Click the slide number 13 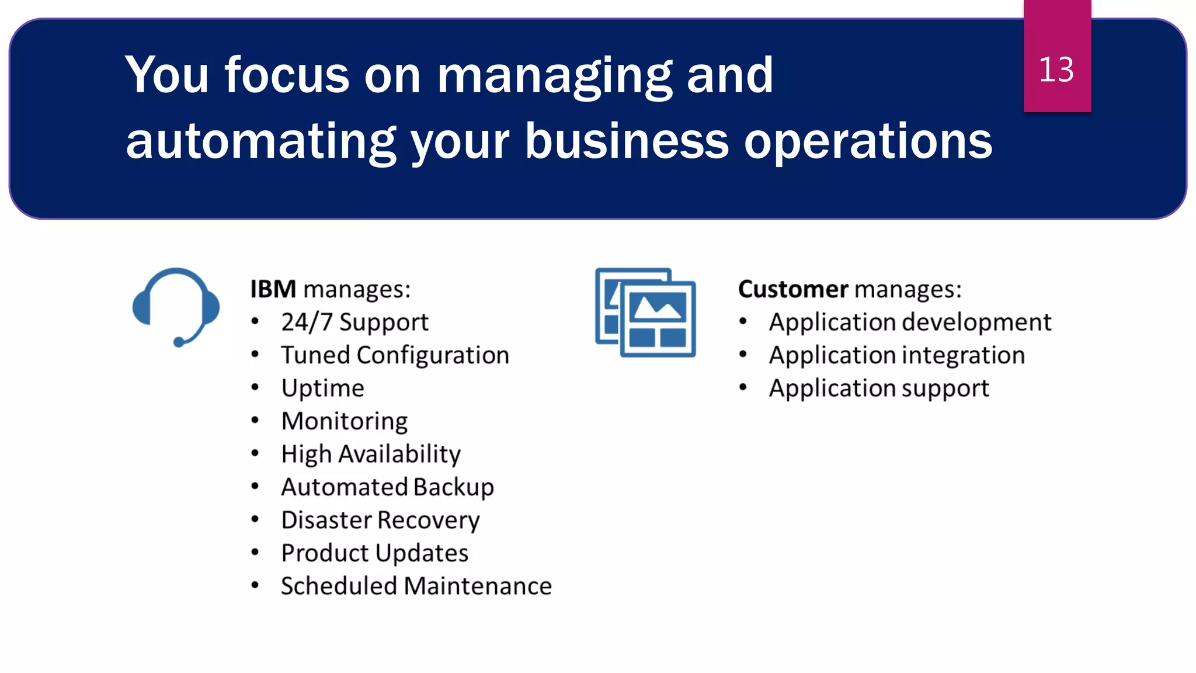pos(1056,70)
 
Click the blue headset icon pos(176,306)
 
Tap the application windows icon pos(645,312)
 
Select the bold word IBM pos(273,289)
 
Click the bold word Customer pos(793,289)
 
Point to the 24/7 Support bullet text pos(354,322)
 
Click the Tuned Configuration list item pos(395,355)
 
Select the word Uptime pos(322,388)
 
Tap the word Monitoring pos(345,421)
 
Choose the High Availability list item pos(371,455)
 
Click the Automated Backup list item pos(387,487)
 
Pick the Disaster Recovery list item pos(380,521)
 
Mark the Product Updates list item pos(374,553)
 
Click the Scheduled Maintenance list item pos(416,586)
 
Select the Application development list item pos(910,322)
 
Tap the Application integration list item pos(896,355)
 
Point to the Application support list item pos(879,388)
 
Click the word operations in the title pos(868,142)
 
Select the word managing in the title pos(555,76)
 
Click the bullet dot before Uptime pos(255,387)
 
